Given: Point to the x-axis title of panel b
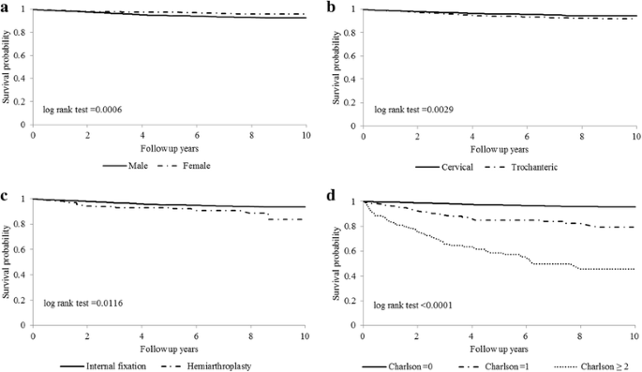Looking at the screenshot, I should [x=499, y=149].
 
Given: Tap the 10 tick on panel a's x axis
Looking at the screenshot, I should [x=306, y=136].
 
